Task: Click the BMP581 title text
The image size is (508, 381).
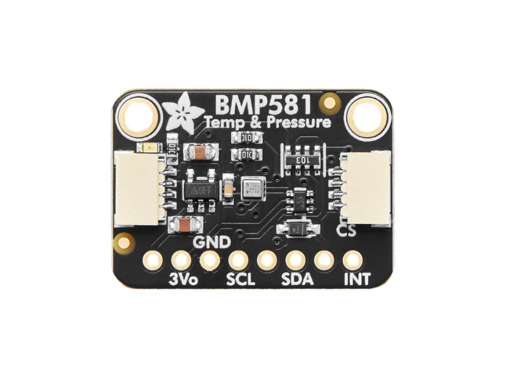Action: (x=263, y=105)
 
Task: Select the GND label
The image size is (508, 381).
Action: (x=211, y=243)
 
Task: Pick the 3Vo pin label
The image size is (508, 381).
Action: (x=184, y=279)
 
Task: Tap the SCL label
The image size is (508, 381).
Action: (x=241, y=279)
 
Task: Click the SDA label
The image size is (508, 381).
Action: (x=297, y=279)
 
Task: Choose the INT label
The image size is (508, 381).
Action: (x=357, y=279)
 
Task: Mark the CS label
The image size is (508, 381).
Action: (x=346, y=231)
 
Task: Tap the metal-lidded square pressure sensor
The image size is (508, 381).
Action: (x=253, y=190)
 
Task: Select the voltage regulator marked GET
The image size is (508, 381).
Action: (x=200, y=190)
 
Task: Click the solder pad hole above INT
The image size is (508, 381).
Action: (x=353, y=259)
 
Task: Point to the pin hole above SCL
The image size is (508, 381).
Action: (x=239, y=259)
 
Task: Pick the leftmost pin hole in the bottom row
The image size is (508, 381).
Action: (x=153, y=259)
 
